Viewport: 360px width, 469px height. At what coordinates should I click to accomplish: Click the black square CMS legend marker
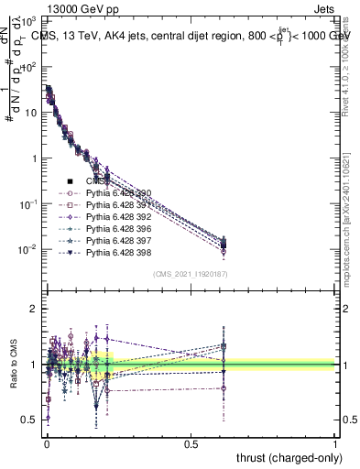[70, 181]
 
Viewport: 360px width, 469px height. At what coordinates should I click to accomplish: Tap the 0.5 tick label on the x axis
[191, 443]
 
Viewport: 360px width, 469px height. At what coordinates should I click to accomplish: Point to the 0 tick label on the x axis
[47, 443]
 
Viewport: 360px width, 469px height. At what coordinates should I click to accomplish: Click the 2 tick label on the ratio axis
[33, 310]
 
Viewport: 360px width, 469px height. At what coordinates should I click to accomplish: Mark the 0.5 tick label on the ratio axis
[28, 420]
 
